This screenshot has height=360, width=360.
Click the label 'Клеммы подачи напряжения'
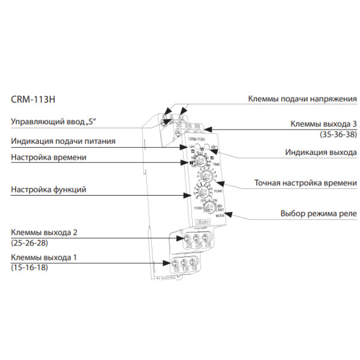click(303, 99)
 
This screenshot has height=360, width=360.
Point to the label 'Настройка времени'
click(49, 157)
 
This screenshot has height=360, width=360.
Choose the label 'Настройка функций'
click(49, 190)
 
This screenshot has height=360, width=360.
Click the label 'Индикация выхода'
click(319, 152)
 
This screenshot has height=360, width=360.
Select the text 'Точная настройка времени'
click(305, 182)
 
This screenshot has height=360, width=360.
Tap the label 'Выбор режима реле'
click(319, 213)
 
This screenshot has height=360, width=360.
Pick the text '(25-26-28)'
click(31, 244)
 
